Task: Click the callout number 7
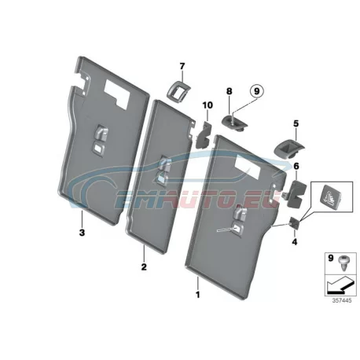tap(182, 66)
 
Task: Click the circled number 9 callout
tap(256, 91)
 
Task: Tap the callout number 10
tap(208, 105)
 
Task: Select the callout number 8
tap(230, 91)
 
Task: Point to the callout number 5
tap(296, 123)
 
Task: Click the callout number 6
tap(296, 166)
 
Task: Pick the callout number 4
tap(295, 241)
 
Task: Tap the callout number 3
tap(82, 232)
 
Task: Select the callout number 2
tap(144, 267)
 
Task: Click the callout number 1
tap(198, 295)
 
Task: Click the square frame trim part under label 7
tap(178, 91)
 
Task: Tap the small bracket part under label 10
tap(203, 135)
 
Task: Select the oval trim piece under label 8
tap(235, 123)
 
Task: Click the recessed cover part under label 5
tap(288, 149)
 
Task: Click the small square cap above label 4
tap(294, 223)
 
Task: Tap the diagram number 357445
tap(342, 300)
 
